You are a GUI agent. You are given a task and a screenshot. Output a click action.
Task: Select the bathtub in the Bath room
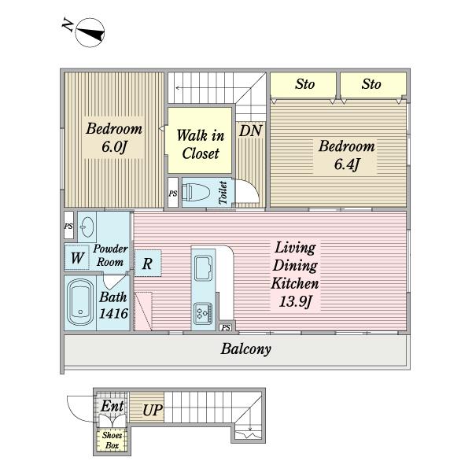[x=80, y=303]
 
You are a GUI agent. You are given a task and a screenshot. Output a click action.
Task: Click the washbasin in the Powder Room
[x=87, y=227]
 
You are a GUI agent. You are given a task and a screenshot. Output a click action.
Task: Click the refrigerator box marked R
[x=148, y=263]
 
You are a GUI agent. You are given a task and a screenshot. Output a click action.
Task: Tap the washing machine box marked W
[x=77, y=258]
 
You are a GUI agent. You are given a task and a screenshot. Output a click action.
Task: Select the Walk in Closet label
[x=201, y=144]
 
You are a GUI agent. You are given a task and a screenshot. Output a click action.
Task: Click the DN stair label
[x=250, y=131]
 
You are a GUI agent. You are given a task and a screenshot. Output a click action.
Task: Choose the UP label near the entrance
[x=153, y=411]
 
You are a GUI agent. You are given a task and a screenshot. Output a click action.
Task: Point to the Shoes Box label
[x=112, y=440]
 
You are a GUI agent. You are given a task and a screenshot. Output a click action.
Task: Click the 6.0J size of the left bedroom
[x=114, y=147]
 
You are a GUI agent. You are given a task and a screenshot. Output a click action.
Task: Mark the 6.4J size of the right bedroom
[x=347, y=164]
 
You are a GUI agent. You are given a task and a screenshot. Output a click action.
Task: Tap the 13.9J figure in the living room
[x=295, y=301]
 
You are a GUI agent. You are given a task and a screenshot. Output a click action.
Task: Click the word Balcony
[x=245, y=349]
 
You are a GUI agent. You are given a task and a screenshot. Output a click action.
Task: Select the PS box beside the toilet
[x=173, y=193]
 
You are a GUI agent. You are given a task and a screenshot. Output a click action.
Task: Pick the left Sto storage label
[x=304, y=84]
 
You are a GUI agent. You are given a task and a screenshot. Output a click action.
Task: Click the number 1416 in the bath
[x=113, y=314]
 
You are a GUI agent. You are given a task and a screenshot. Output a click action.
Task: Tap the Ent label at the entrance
[x=112, y=406]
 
